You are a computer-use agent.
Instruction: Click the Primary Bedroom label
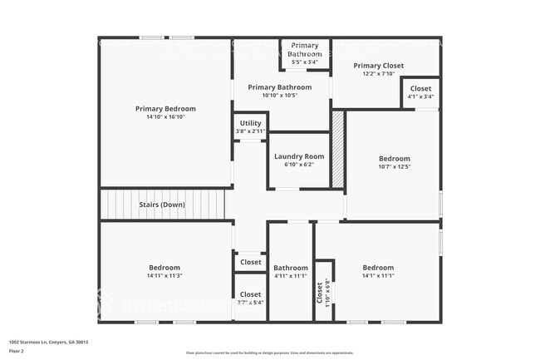pyautogui.click(x=165, y=108)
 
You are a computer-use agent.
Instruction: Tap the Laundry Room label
pyautogui.click(x=298, y=156)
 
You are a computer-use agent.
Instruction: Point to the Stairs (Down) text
pyautogui.click(x=162, y=205)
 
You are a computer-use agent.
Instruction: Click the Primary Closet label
pyautogui.click(x=378, y=66)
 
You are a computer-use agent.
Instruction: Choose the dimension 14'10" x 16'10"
pyautogui.click(x=165, y=117)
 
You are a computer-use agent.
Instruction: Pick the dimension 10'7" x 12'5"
pyautogui.click(x=394, y=167)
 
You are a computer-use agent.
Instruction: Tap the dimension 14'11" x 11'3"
pyautogui.click(x=165, y=275)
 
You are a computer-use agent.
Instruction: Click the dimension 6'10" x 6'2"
pyautogui.click(x=298, y=165)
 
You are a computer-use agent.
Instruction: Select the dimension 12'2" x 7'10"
pyautogui.click(x=378, y=74)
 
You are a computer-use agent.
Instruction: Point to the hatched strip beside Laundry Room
pyautogui.click(x=338, y=150)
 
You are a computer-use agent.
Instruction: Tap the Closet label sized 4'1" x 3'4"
pyautogui.click(x=420, y=88)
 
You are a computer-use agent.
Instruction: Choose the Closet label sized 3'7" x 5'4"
pyautogui.click(x=250, y=294)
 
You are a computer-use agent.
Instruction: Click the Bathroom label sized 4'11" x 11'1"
pyautogui.click(x=291, y=267)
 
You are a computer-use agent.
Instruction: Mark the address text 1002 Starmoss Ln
pyautogui.click(x=48, y=342)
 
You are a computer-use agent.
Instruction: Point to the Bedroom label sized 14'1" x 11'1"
pyautogui.click(x=378, y=267)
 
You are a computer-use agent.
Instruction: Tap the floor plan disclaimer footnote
pyautogui.click(x=269, y=353)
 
